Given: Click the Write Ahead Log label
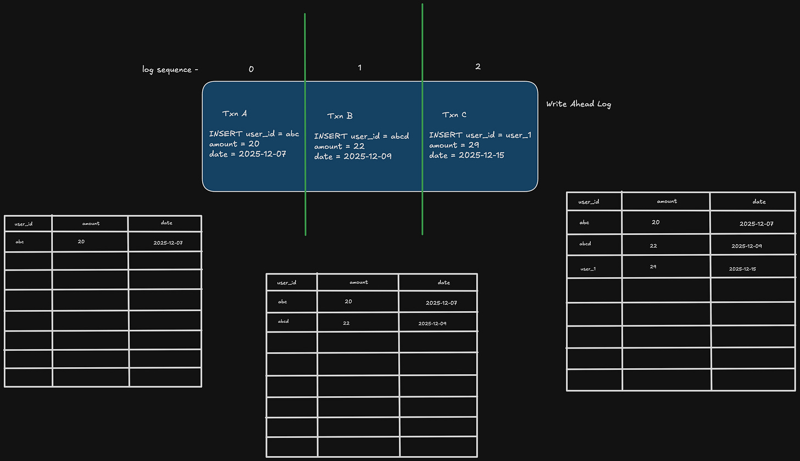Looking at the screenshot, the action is pos(579,104).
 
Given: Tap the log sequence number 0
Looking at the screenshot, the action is pos(251,69).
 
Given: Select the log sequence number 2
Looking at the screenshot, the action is pos(478,66).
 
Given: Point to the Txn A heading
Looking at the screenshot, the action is pos(234,114).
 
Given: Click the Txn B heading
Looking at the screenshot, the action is pos(340,116).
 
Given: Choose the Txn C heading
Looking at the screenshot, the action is pos(454,115).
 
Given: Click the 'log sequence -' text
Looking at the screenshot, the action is pos(170,70).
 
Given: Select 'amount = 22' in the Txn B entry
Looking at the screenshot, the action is pos(340,147).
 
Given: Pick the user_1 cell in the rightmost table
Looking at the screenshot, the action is pos(588,269).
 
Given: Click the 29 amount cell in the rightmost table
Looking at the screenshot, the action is pos(653,267).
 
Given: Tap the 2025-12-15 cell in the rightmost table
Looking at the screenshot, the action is pos(742,269).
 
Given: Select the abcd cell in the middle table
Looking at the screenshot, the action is pos(283,321).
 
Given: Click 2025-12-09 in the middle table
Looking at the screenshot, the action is pos(432,324).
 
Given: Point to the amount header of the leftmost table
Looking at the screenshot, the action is pos(91,223).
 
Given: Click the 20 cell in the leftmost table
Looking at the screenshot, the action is pos(81,241).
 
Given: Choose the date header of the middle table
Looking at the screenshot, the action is pos(443,282).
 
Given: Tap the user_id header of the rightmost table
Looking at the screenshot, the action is pos(588,201).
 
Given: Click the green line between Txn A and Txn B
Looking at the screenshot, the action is pos(305,125).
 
